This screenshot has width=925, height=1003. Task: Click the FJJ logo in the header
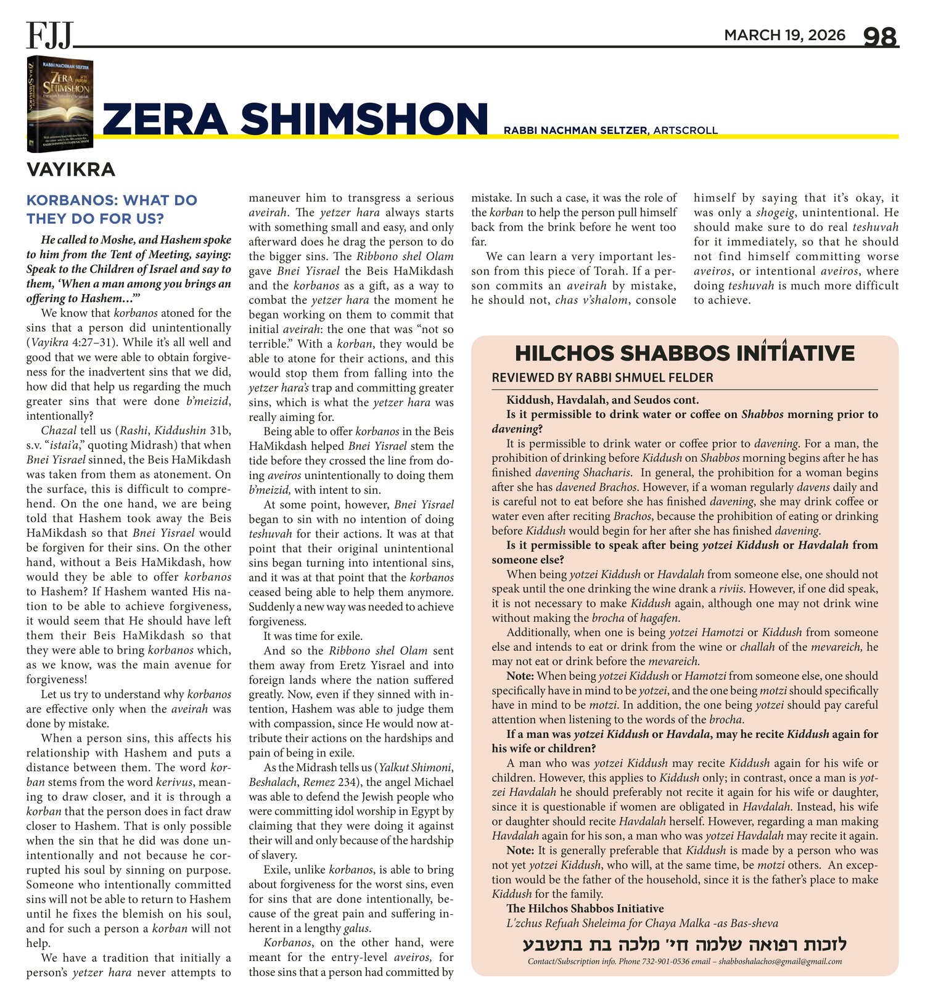(50, 35)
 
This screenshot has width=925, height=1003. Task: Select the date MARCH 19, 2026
(784, 35)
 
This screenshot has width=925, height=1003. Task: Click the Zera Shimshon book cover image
(60, 104)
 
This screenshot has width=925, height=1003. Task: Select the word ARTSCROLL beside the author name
(685, 130)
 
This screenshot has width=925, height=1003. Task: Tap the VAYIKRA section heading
(71, 169)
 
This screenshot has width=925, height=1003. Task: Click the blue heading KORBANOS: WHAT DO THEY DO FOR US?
(112, 210)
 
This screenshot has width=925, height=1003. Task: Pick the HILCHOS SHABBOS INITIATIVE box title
(684, 353)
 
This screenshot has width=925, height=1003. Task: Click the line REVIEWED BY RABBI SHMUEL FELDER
(602, 378)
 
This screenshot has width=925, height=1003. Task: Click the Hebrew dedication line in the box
(684, 944)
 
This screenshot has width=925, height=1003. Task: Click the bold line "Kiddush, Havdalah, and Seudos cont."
(602, 399)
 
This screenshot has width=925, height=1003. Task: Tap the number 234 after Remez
(347, 782)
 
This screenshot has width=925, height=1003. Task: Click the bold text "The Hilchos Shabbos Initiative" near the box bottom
(585, 909)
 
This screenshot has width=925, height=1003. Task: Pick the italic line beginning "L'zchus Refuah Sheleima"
(642, 923)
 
